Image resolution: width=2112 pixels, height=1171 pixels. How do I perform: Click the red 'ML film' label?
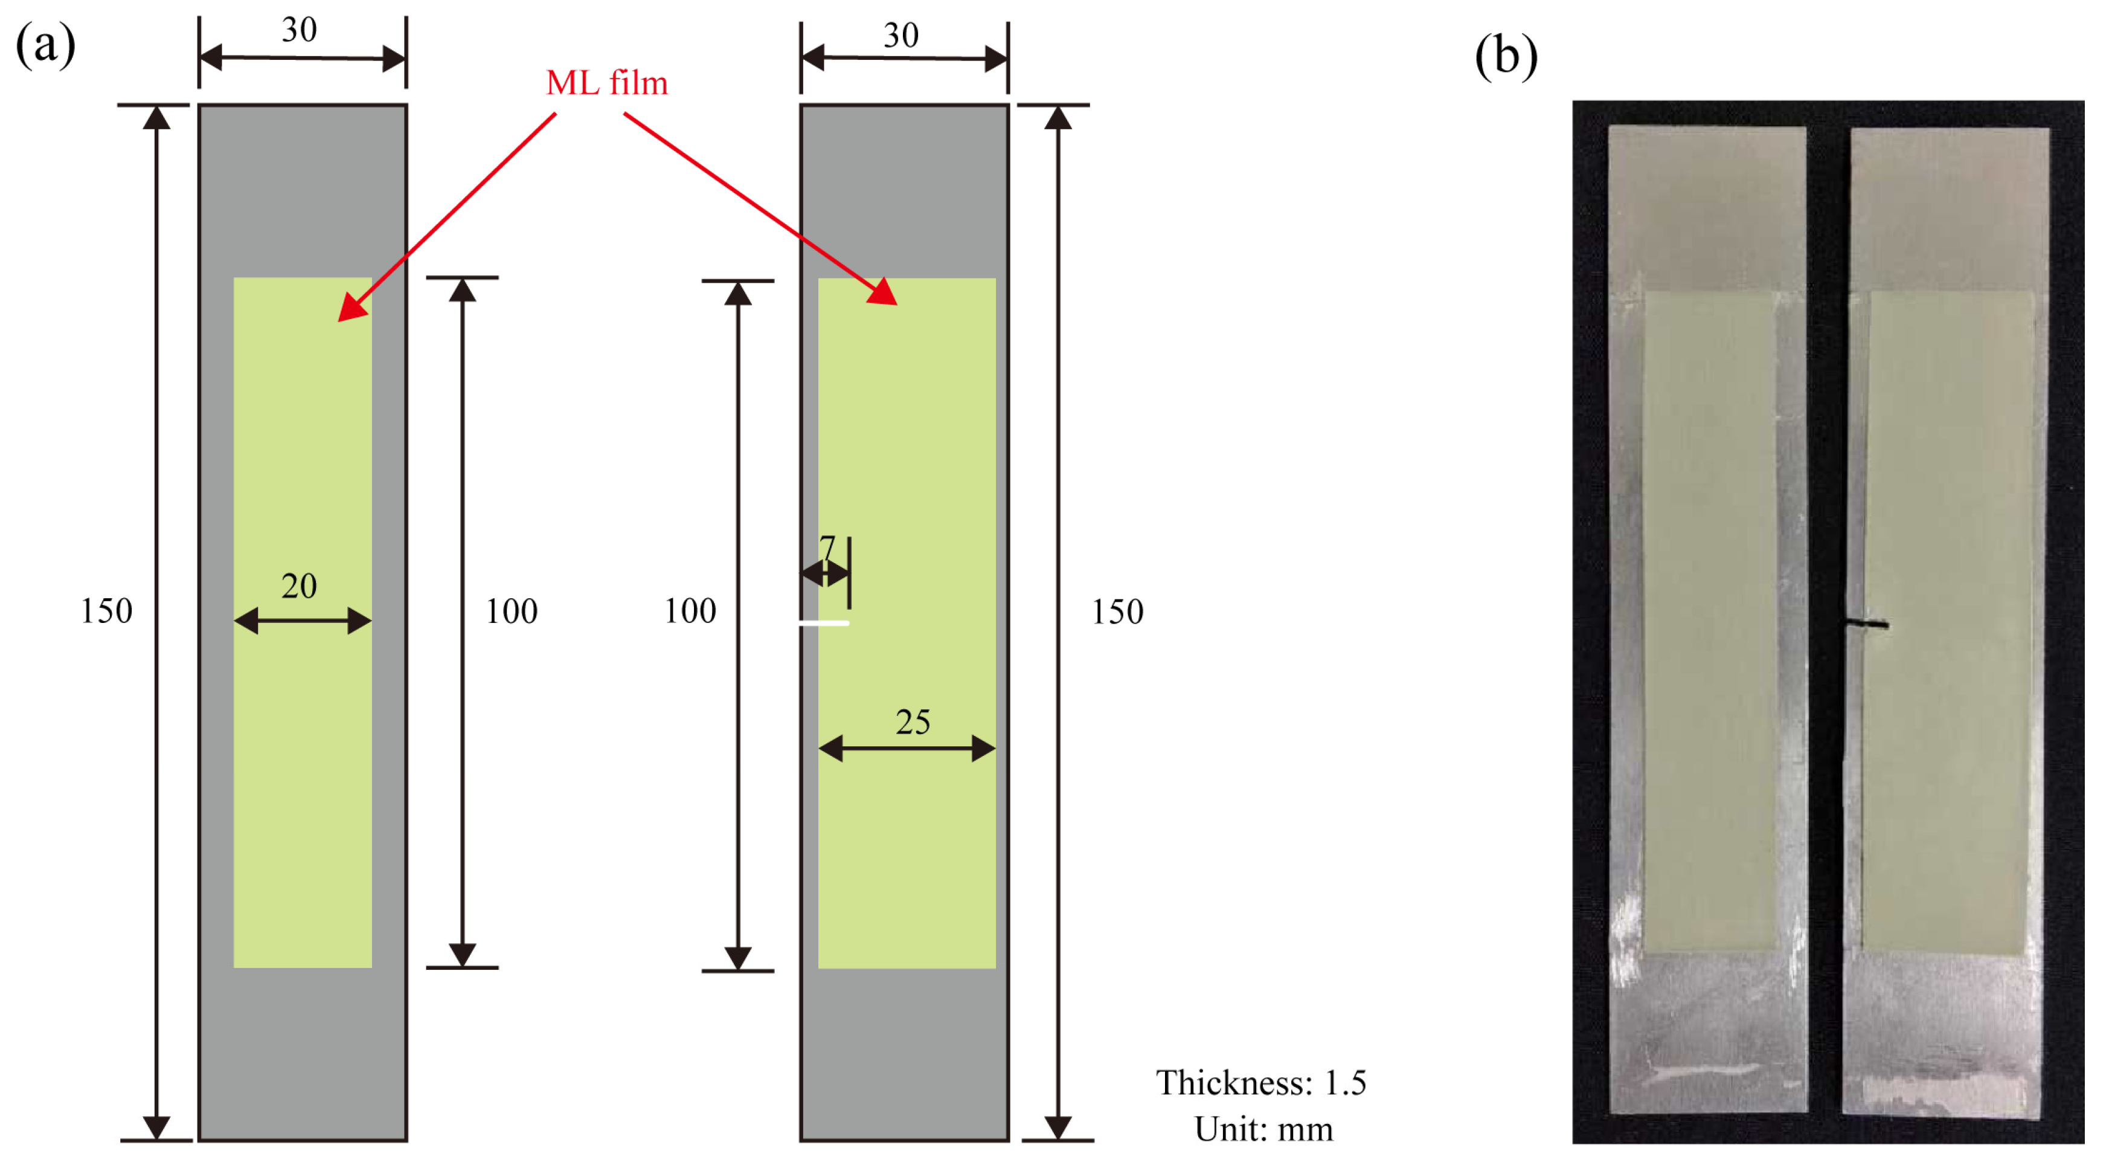click(607, 83)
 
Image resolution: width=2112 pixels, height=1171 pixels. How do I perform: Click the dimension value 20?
click(298, 585)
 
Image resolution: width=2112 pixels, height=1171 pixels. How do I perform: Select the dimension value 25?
click(912, 721)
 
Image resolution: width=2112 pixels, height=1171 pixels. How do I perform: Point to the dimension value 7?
click(827, 547)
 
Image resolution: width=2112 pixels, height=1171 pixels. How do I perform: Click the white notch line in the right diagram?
click(824, 623)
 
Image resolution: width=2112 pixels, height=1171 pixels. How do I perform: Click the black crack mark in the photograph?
click(1867, 626)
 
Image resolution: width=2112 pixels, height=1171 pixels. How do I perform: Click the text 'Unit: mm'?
click(1263, 1129)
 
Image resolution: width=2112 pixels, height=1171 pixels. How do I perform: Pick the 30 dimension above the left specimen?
click(299, 30)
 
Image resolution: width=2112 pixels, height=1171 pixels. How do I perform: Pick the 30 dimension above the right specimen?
click(901, 35)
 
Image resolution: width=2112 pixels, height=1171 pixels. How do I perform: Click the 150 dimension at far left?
click(106, 611)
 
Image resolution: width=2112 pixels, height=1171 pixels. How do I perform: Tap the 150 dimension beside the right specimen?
click(1117, 611)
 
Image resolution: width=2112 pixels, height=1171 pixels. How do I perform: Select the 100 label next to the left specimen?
click(512, 611)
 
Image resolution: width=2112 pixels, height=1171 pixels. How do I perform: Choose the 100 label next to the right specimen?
click(690, 611)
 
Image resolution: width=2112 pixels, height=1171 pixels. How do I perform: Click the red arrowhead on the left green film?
click(350, 310)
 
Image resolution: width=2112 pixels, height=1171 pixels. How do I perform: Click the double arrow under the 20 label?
click(303, 621)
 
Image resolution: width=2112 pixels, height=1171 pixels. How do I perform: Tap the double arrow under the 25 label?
click(907, 748)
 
